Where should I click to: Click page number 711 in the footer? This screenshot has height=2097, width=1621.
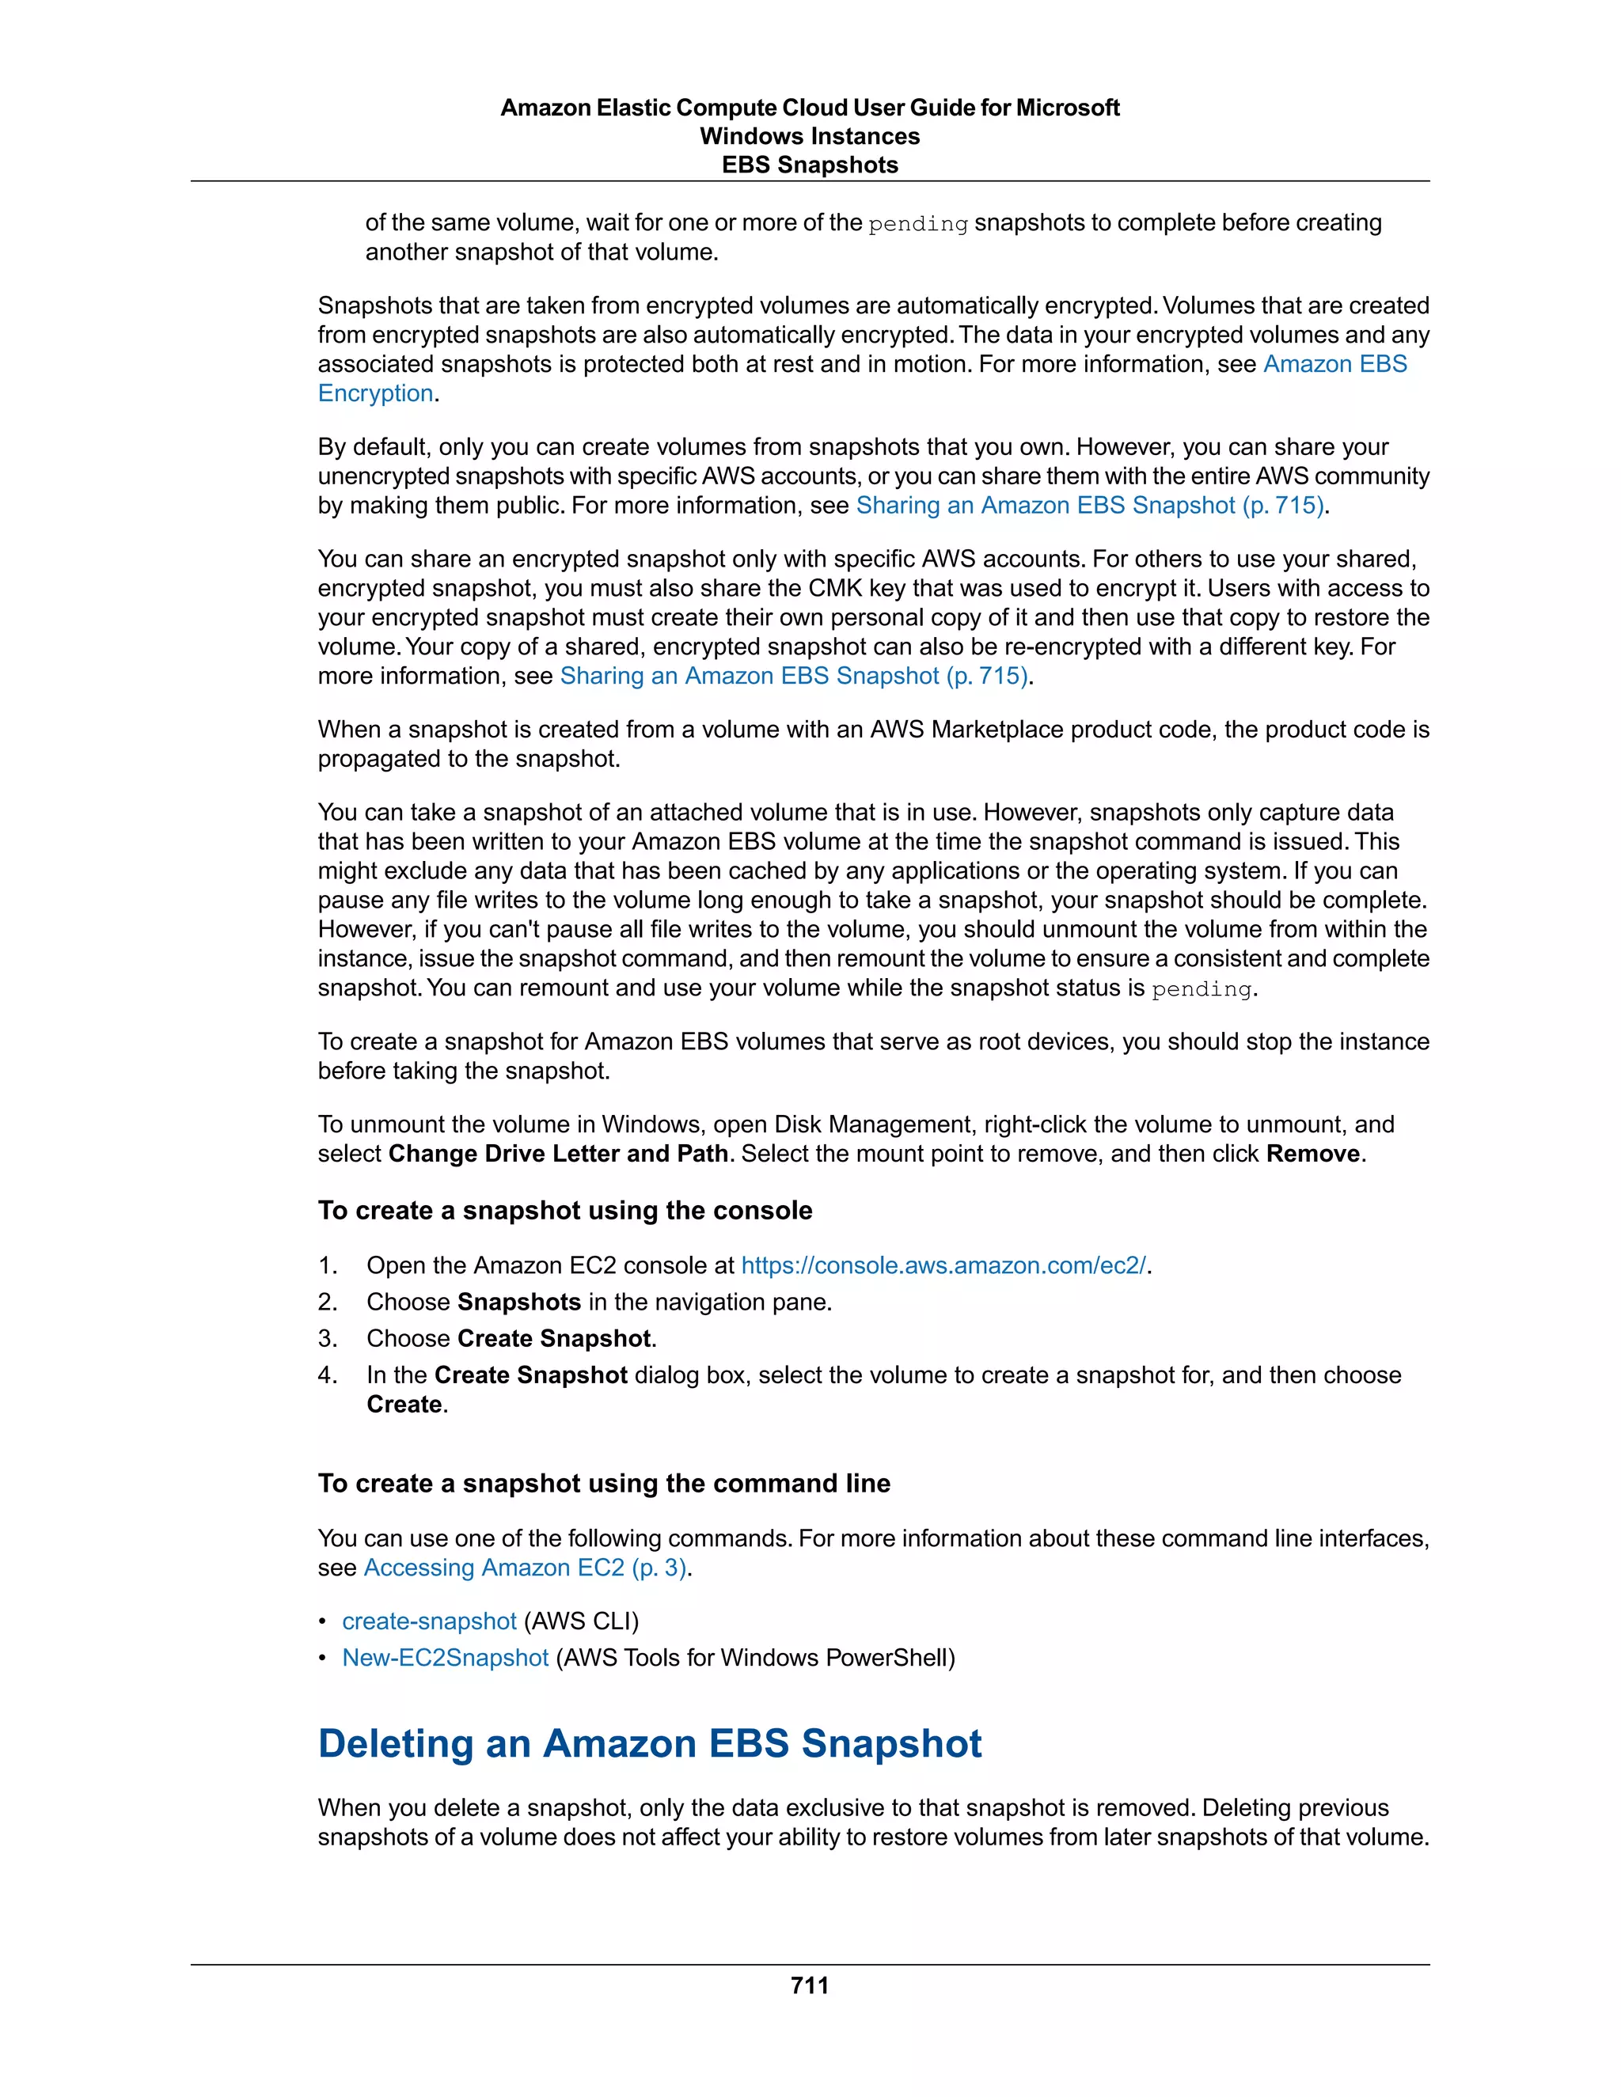pos(810,1985)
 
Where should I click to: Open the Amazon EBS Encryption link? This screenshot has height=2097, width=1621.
pos(1334,364)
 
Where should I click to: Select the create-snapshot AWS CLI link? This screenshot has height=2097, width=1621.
pos(429,1621)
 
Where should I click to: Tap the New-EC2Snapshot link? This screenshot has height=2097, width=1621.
pos(445,1657)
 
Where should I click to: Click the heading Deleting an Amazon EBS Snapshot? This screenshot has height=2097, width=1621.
pos(649,1742)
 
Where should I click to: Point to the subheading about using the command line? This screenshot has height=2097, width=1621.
pos(604,1484)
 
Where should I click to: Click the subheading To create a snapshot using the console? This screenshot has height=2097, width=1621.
pos(564,1210)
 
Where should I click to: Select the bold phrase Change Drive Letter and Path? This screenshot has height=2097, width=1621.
pos(558,1153)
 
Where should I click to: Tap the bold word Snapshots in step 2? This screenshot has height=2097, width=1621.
pos(518,1302)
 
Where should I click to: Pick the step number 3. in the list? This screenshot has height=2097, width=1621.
pos(328,1338)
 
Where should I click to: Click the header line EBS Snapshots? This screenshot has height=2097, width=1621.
pos(810,165)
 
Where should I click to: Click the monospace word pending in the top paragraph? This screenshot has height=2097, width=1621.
pos(917,224)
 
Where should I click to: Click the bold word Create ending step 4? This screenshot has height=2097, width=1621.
pos(404,1404)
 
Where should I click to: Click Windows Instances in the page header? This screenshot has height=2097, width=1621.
pos(810,136)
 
